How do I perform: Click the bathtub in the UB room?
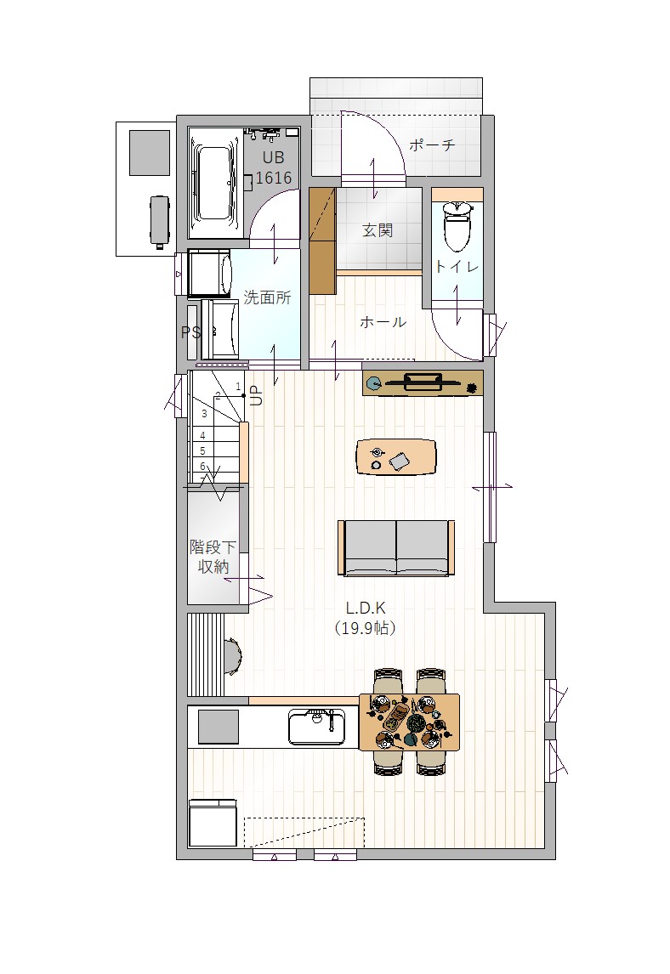tap(214, 184)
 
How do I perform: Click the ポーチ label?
tap(432, 145)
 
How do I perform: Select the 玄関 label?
tap(378, 230)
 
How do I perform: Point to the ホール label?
tap(383, 322)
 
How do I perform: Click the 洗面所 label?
tap(267, 297)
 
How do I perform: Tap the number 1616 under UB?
tap(274, 178)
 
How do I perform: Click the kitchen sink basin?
tap(316, 726)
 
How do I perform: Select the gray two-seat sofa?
tap(396, 548)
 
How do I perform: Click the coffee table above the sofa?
tap(396, 457)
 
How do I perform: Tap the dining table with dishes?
tap(410, 722)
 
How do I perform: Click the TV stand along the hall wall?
tap(423, 382)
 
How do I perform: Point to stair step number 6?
tap(203, 466)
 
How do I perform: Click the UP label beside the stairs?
tap(255, 396)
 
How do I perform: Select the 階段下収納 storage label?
tap(213, 557)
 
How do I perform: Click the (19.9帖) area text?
tap(366, 628)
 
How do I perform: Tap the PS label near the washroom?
tap(190, 333)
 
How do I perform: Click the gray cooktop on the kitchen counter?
tap(219, 727)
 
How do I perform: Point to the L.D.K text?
tap(366, 609)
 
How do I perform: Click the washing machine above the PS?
tap(209, 274)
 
